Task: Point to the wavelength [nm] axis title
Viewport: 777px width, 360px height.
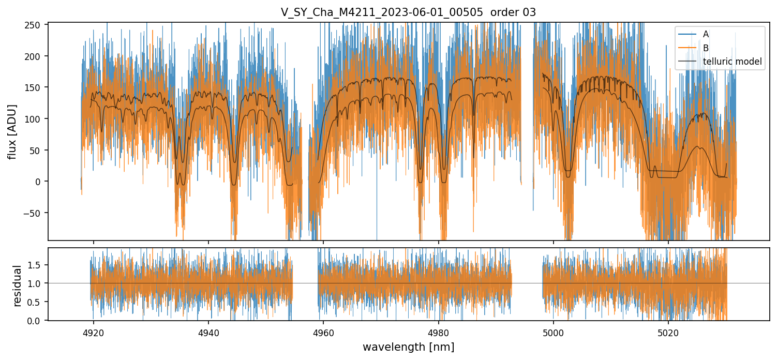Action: (408, 347)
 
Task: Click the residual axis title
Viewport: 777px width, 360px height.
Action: (18, 286)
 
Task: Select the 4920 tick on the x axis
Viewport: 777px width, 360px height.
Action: (93, 332)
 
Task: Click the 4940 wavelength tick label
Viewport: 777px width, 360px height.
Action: (208, 332)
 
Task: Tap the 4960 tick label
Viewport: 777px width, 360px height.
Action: (323, 332)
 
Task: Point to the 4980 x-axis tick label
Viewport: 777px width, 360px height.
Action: (438, 332)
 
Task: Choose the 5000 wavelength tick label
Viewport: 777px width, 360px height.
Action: (554, 332)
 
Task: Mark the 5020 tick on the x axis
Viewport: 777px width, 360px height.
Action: (668, 332)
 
